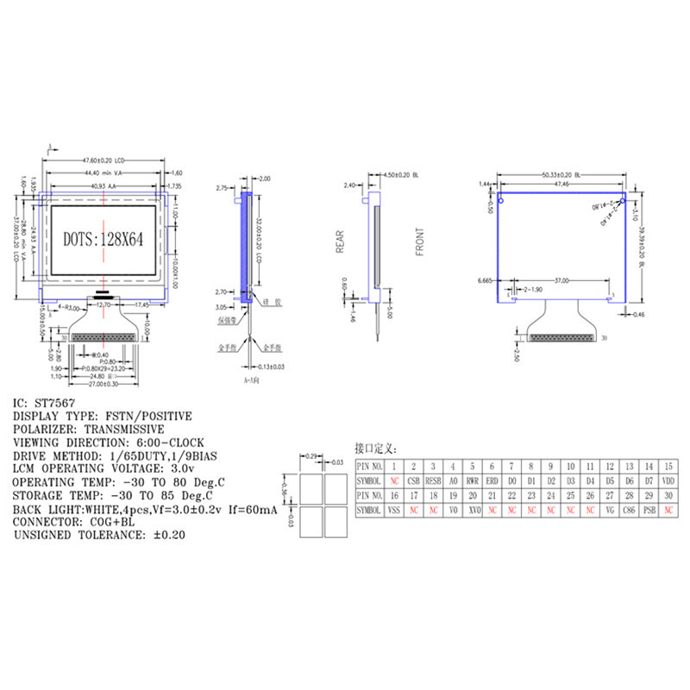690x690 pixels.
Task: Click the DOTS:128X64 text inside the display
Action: tap(103, 239)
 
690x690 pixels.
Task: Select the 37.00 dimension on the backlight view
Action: tap(561, 281)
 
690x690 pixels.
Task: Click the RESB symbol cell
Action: tap(433, 480)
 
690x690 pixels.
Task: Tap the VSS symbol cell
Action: tap(393, 511)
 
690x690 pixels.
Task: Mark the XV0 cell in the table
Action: tap(472, 511)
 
